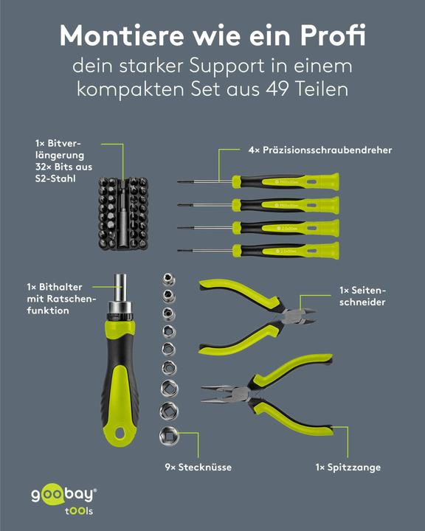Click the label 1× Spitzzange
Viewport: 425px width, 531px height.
[x=348, y=468]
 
